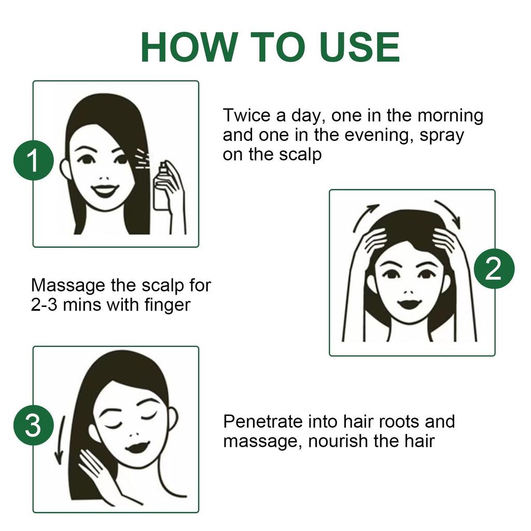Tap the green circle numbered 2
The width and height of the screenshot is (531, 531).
[x=494, y=269]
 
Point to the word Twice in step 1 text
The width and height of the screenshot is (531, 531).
[x=246, y=115]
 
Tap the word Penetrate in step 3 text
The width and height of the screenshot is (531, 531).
[x=261, y=421]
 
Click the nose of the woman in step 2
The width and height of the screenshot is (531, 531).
[x=409, y=288]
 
